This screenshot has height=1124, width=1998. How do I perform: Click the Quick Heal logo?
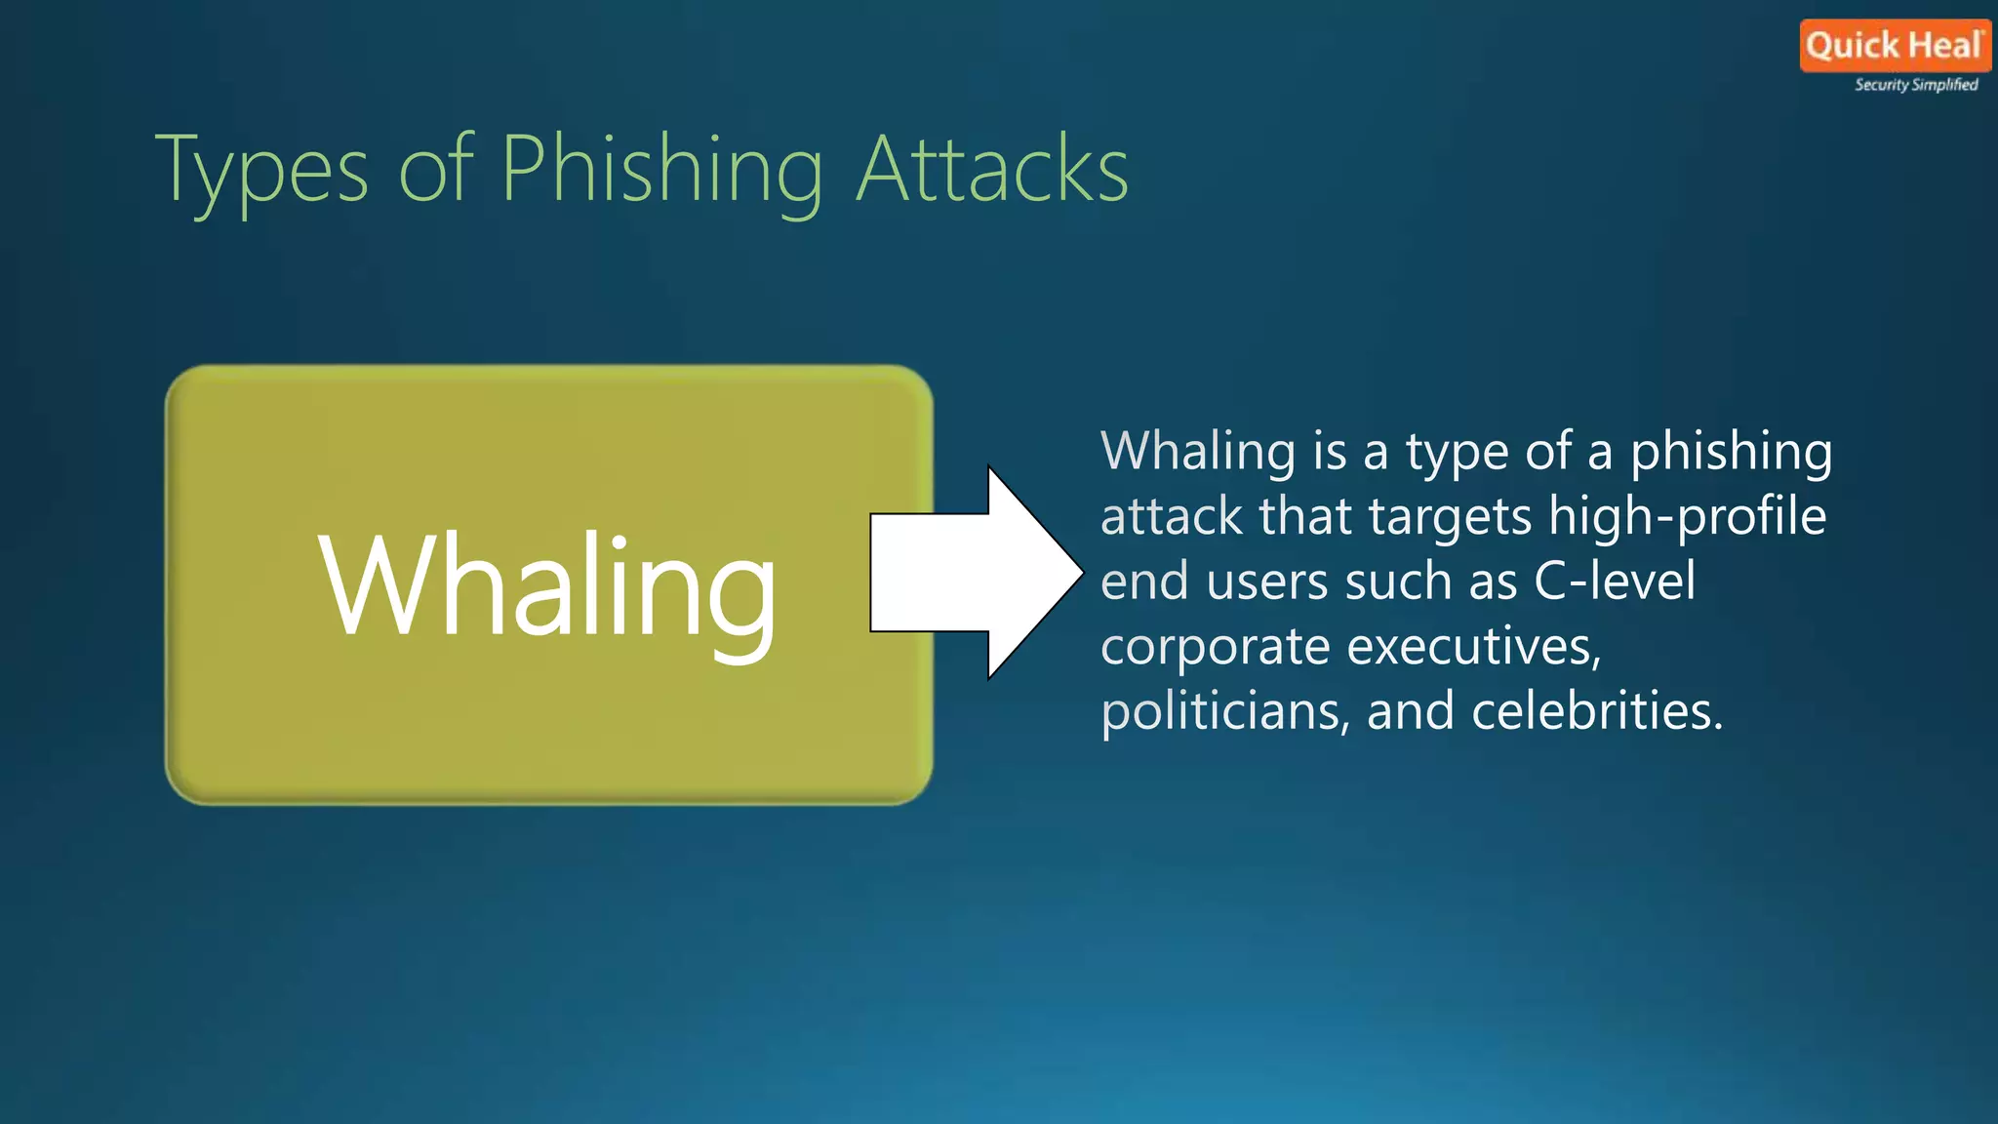[1894, 46]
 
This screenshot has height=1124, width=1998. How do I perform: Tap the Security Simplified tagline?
[1916, 85]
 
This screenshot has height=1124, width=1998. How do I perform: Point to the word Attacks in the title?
[992, 171]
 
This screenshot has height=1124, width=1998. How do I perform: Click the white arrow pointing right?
[976, 573]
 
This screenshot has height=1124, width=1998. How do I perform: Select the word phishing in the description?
[1731, 453]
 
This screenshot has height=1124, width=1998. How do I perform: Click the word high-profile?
[1687, 517]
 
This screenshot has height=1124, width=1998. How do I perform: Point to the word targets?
[1450, 518]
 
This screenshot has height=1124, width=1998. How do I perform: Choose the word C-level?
[1615, 582]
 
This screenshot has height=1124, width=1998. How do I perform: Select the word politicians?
[1225, 711]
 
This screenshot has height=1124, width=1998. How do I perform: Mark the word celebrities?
[1597, 711]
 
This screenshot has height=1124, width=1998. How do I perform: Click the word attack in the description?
[1172, 517]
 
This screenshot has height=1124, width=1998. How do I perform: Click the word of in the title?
[435, 171]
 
